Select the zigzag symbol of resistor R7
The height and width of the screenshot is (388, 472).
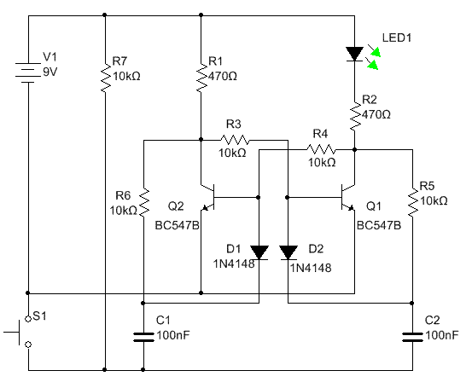105,78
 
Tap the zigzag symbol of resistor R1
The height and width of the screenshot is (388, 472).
201,78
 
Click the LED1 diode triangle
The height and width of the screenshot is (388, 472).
354,54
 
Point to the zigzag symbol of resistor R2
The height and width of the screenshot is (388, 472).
355,116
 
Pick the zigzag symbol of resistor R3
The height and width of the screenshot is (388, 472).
235,140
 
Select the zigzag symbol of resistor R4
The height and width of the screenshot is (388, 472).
321,149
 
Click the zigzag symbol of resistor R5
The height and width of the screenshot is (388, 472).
413,201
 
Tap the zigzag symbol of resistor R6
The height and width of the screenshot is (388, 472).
144,202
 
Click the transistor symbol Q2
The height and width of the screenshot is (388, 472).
210,197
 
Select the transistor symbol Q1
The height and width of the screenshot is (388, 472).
347,197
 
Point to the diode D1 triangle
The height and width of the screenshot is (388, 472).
259,252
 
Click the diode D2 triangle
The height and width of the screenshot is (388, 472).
288,252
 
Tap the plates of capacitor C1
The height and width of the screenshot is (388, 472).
143,337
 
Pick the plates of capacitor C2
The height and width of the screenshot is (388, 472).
413,337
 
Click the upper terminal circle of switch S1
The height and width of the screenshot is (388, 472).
28,319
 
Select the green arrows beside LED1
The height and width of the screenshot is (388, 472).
374,57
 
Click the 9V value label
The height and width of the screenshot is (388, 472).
50,72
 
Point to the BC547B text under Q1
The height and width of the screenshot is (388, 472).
379,225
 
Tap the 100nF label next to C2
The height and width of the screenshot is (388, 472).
442,335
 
